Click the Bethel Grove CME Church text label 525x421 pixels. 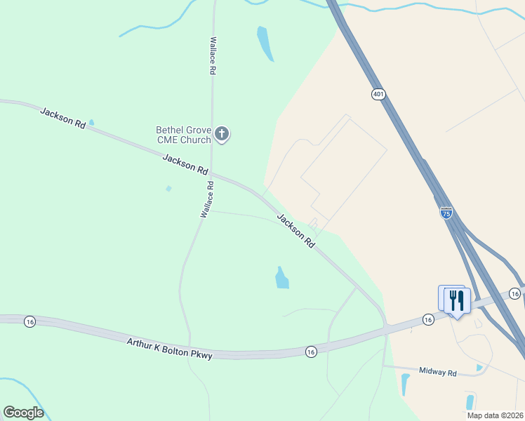(183, 135)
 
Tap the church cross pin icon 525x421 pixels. (222, 133)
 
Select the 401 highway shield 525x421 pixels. (379, 94)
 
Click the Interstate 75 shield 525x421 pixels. (446, 213)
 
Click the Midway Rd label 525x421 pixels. (437, 371)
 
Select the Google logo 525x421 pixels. (23, 413)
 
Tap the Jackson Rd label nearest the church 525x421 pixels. (186, 165)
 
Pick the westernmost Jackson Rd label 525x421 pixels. (63, 117)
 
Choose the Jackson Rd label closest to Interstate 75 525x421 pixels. (295, 230)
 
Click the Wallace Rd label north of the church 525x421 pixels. (212, 56)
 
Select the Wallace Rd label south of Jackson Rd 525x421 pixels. (207, 199)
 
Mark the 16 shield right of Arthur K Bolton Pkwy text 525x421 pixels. (311, 351)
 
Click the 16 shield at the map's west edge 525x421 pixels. (29, 321)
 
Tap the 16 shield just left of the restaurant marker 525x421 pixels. (428, 319)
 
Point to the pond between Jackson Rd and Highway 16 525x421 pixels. (281, 278)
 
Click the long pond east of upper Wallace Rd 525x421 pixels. (265, 43)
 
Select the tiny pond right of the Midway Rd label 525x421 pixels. (479, 367)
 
